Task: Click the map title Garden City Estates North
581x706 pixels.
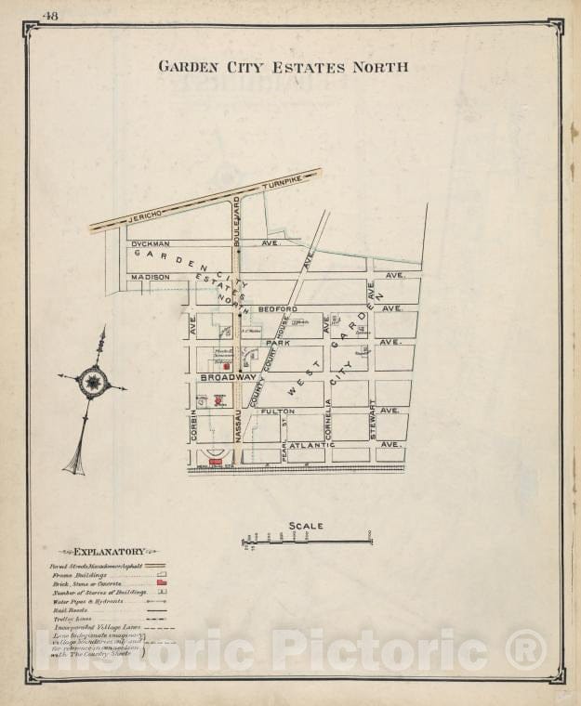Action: coord(283,67)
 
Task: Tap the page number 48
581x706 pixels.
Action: coord(50,14)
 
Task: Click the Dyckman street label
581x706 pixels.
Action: coord(149,243)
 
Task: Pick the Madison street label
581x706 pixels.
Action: coord(150,277)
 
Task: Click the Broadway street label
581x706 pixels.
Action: coord(227,377)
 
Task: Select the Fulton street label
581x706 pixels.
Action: coord(277,411)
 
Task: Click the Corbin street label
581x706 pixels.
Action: coord(194,424)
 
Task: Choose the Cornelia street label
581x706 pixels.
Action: coord(328,420)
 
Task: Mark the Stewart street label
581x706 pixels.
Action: coord(372,419)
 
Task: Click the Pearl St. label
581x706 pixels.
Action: coord(284,429)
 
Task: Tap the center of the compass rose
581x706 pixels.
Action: coord(93,381)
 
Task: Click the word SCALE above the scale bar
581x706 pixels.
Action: coord(305,526)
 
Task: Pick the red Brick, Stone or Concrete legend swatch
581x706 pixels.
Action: coord(161,582)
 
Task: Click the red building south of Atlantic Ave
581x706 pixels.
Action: coord(216,461)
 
